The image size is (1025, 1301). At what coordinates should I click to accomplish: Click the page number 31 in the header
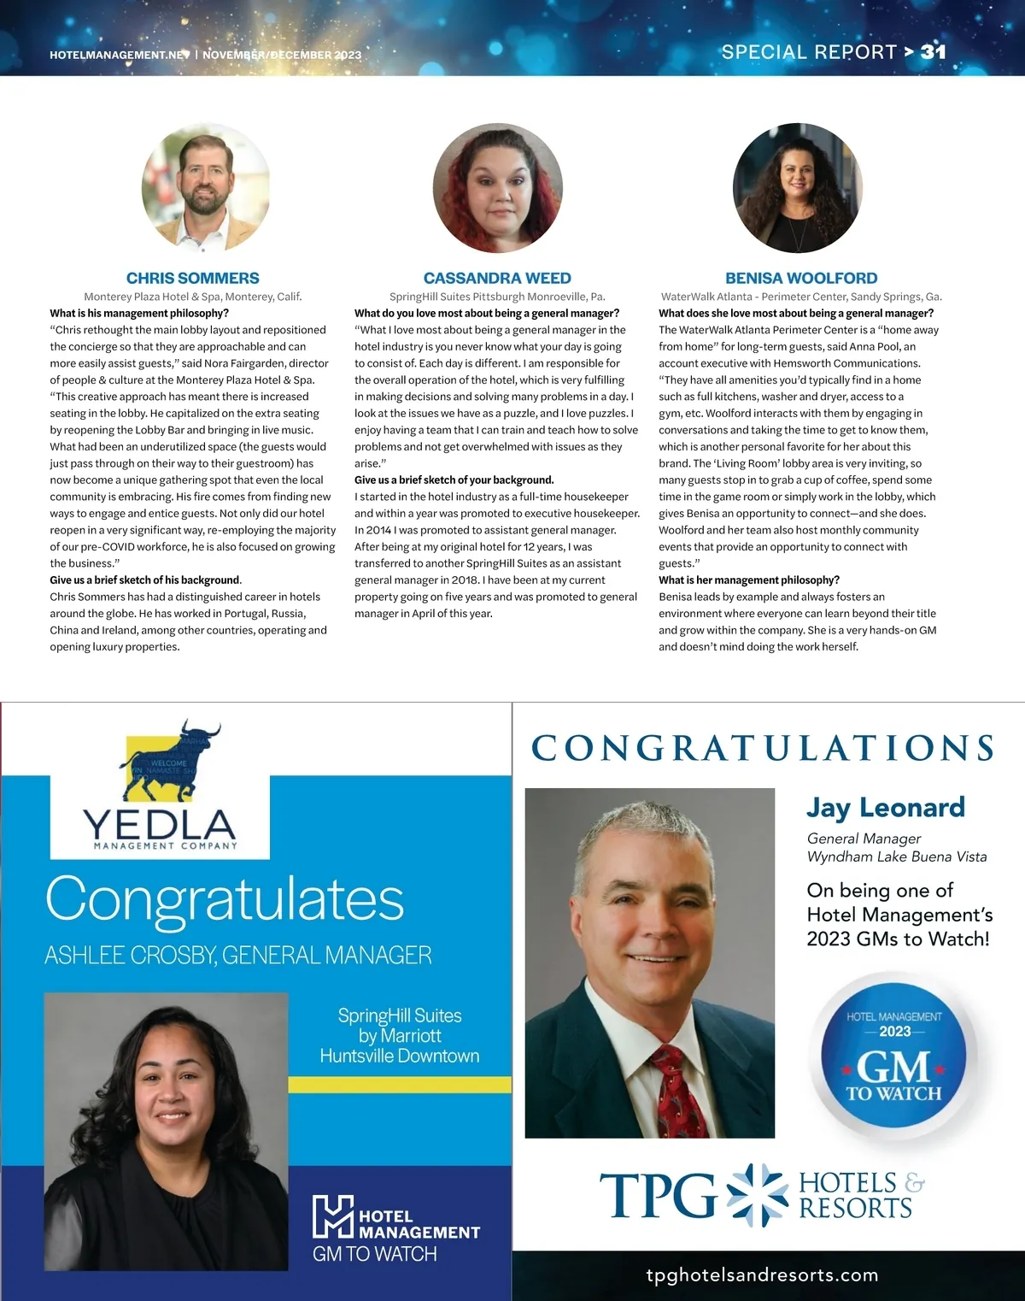coord(933,51)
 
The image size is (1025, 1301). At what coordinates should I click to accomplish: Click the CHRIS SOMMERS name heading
coord(192,278)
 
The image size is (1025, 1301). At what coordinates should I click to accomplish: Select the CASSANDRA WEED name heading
coord(497,278)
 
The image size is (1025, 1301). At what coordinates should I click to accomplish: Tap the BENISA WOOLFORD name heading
coord(801,278)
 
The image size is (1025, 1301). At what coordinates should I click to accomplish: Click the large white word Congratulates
coord(224,899)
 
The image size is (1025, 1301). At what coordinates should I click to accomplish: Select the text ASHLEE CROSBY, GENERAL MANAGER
coord(237,955)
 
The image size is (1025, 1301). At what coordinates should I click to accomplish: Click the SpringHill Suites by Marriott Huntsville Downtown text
coord(400,1035)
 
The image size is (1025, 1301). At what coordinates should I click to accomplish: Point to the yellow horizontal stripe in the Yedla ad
coord(399,1084)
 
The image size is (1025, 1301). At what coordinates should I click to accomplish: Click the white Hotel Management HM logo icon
coord(331,1217)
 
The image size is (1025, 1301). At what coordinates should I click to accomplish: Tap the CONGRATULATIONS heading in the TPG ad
coord(763,748)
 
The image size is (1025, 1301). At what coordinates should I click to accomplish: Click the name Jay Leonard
coord(886,807)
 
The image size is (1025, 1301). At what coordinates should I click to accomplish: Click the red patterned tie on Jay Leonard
coord(679,1095)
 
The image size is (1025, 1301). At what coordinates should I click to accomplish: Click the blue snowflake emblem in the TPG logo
coord(756,1194)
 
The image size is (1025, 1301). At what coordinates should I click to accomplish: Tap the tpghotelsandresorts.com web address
coord(762,1275)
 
